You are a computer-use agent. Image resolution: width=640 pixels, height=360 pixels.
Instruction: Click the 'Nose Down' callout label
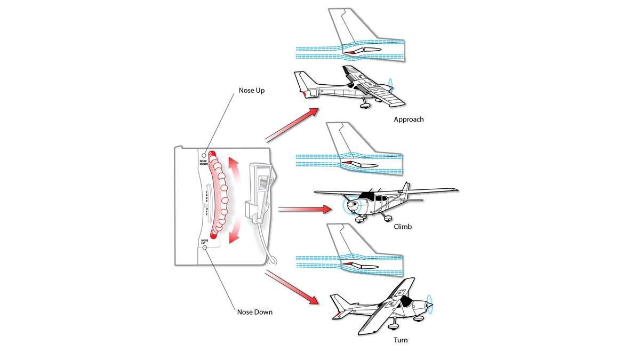[254, 312]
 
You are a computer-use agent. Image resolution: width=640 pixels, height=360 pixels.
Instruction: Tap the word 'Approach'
[409, 119]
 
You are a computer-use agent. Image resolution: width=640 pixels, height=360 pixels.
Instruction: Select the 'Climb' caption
[403, 227]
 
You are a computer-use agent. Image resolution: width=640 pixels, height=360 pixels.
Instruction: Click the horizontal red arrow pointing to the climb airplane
[305, 209]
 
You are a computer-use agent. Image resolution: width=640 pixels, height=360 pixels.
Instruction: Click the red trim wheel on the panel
[218, 195]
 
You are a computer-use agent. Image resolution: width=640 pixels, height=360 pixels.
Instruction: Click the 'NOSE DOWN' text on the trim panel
[204, 162]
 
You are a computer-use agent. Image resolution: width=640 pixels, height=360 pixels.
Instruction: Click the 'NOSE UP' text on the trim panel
[204, 242]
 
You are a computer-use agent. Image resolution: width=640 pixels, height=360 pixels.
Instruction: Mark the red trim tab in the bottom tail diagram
[347, 263]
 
